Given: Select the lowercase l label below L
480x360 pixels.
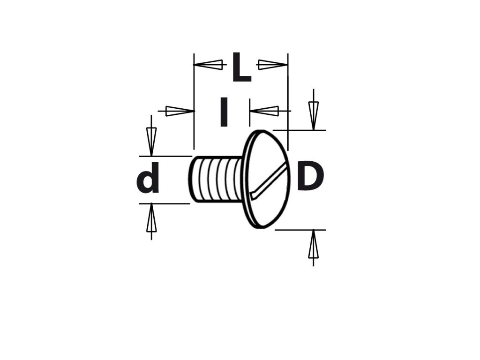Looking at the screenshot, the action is (224, 112).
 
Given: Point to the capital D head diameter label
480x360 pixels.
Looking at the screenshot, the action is (310, 177).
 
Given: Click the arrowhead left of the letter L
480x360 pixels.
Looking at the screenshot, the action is (209, 65).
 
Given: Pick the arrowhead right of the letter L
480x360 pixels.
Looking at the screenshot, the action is (272, 65).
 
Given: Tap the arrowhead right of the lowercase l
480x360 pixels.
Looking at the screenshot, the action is (265, 111).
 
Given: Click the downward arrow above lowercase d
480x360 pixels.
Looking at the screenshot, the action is (151, 141).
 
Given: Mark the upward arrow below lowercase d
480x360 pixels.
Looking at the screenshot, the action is (151, 219).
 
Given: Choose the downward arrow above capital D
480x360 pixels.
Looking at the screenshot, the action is (314, 115).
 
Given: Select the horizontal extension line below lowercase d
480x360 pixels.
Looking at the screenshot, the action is (164, 203).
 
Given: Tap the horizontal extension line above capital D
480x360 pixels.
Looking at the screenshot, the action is (300, 130).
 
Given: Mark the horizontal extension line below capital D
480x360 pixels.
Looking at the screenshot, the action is (300, 230).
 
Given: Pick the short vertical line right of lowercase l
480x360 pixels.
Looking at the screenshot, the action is (250, 112).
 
